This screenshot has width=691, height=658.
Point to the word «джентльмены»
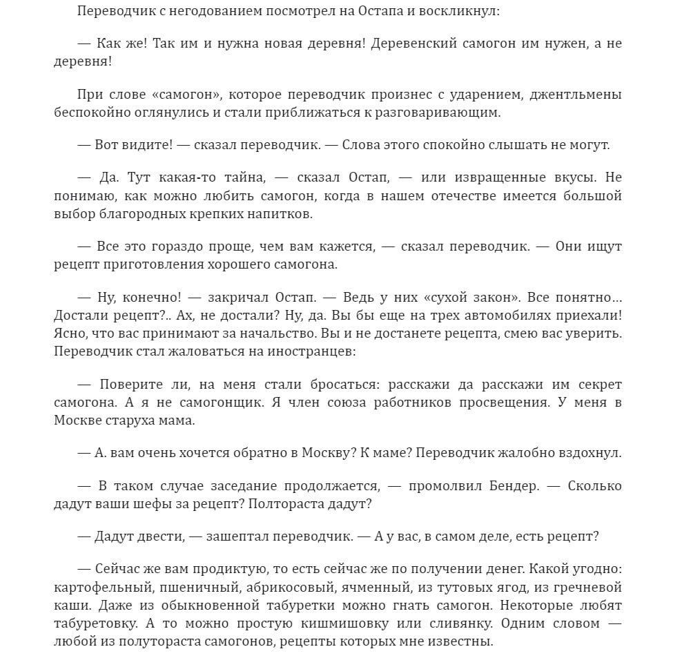coord(571,94)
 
